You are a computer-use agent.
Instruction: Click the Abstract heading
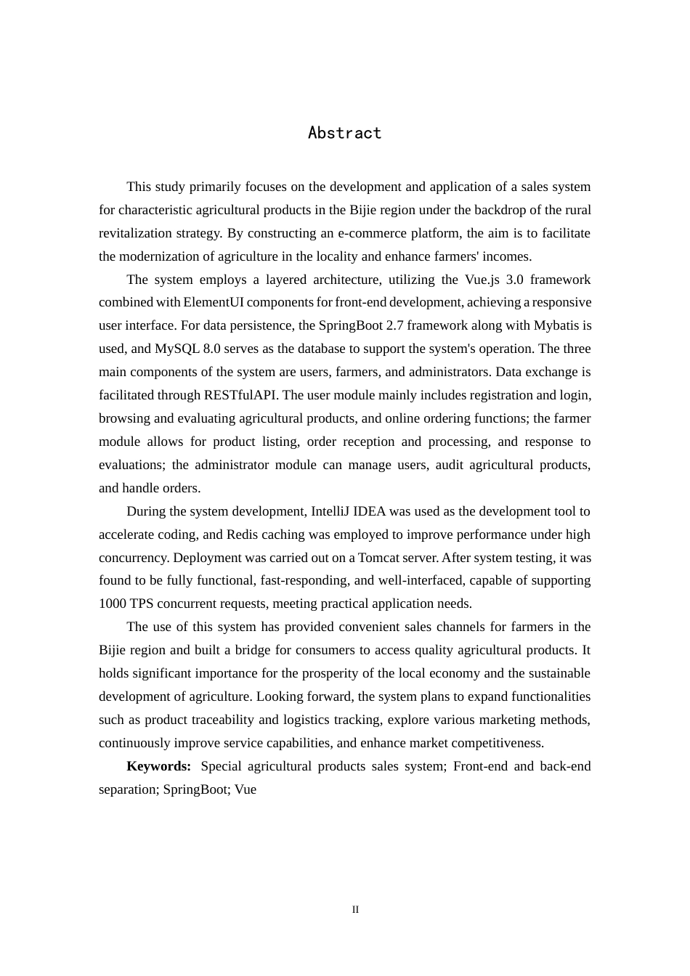[x=344, y=133]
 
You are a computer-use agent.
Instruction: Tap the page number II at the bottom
[x=355, y=909]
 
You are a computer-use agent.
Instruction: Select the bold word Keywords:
[x=158, y=766]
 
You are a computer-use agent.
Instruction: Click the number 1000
[x=112, y=603]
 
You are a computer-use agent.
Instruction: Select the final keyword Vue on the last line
[x=245, y=789]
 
